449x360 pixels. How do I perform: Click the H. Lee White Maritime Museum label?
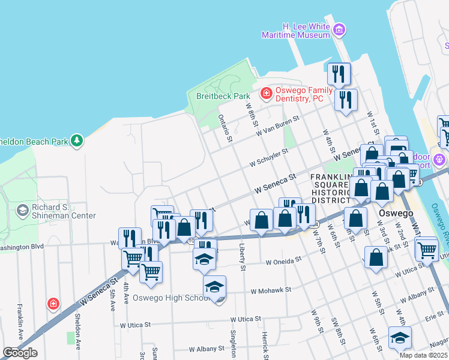tap(296, 31)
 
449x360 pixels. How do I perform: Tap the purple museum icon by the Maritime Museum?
tap(340, 29)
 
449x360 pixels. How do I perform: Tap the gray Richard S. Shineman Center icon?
tap(23, 211)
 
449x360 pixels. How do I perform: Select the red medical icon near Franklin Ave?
tap(53, 304)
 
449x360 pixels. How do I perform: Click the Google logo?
tap(20, 353)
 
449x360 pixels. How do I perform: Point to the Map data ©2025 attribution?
tap(423, 355)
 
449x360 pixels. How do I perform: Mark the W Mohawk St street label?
tap(271, 290)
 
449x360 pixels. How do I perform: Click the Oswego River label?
tap(439, 218)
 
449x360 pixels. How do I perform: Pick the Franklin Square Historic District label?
tap(330, 188)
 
